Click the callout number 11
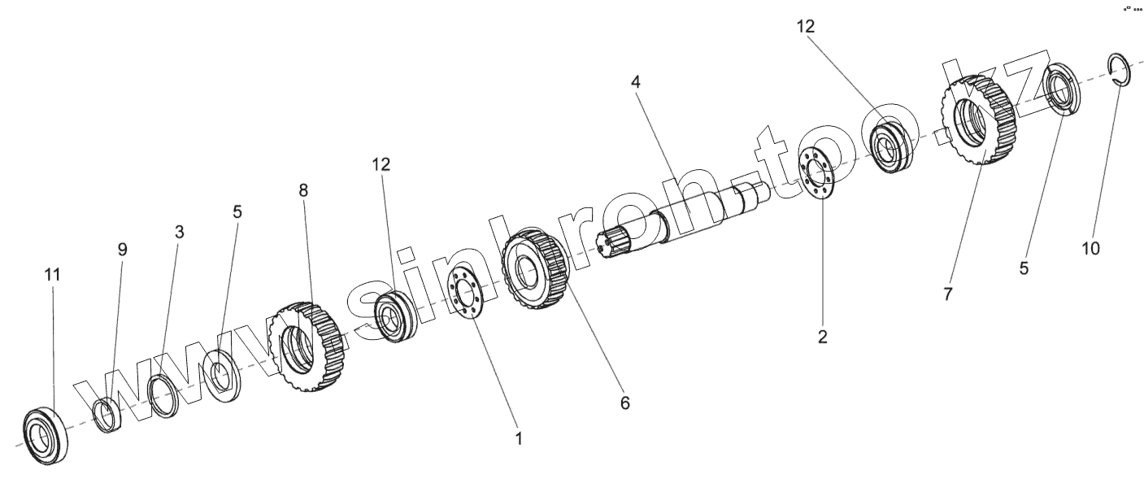click(52, 275)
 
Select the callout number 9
click(122, 249)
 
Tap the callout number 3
click(180, 232)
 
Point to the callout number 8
click(303, 190)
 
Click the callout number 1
click(518, 438)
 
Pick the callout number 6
click(624, 402)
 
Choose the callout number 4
click(636, 81)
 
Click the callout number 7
click(947, 294)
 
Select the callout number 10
click(1090, 247)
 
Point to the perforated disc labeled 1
click(468, 292)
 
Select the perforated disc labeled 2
click(818, 173)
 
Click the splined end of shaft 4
click(618, 243)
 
